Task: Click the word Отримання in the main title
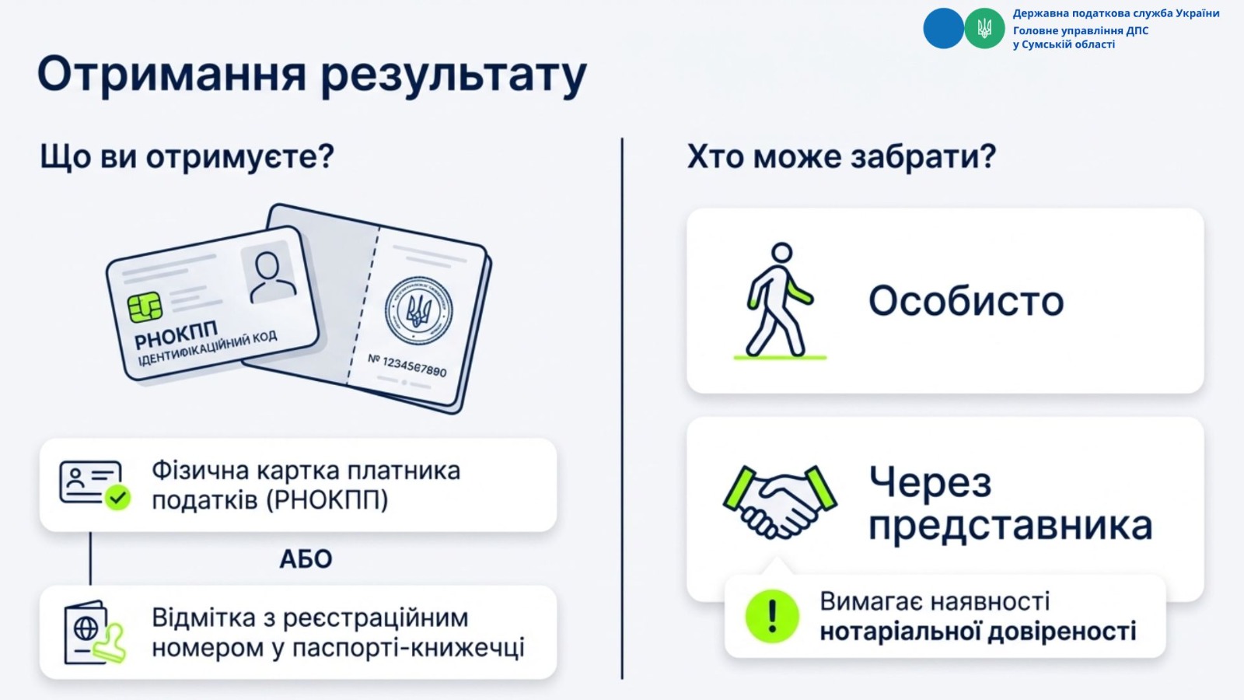[x=172, y=75]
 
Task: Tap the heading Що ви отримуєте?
[x=187, y=156]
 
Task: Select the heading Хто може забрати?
[x=841, y=156]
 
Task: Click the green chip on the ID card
[x=145, y=307]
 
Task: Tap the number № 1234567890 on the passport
[x=407, y=366]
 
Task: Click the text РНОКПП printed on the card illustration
[x=176, y=334]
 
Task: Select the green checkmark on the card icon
[x=117, y=497]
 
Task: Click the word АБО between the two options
[x=306, y=559]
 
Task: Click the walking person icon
[x=781, y=300]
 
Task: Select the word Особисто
[x=966, y=302]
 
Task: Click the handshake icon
[x=780, y=502]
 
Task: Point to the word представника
[x=1010, y=526]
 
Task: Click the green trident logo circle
[x=984, y=28]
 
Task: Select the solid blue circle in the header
[x=944, y=28]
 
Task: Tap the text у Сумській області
[x=1064, y=44]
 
